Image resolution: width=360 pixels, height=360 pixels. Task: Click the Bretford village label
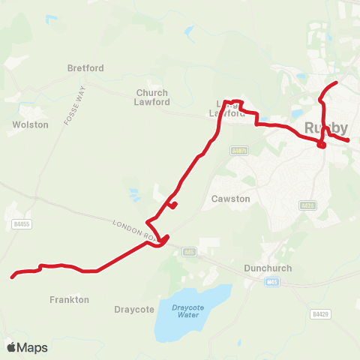[x=85, y=68]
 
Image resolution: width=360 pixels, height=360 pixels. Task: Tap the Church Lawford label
[x=152, y=97]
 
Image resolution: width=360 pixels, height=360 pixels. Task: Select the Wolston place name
[x=31, y=124]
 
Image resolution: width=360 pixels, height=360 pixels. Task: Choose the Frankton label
[x=70, y=299]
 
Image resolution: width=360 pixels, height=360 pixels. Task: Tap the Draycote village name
[x=133, y=309]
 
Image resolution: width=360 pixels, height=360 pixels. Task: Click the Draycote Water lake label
[x=184, y=310]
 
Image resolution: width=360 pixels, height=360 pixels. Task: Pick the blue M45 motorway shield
[x=271, y=282]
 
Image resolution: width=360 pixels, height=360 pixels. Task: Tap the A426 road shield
[x=307, y=205]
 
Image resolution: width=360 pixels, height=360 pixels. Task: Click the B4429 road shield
[x=321, y=313]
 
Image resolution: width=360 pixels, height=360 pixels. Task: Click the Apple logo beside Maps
[x=11, y=347]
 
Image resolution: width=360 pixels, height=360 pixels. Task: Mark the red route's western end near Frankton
[x=13, y=277]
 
